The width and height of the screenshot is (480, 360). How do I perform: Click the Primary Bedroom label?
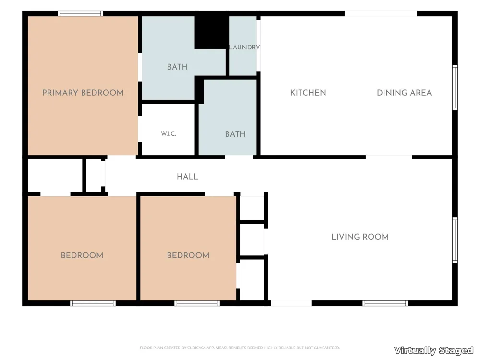click(83, 93)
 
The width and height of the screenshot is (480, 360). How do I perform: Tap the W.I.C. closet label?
click(168, 134)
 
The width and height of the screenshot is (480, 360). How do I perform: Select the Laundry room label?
click(245, 47)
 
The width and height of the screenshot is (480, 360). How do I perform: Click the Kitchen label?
click(308, 93)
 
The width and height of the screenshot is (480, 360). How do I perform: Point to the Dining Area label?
click(404, 93)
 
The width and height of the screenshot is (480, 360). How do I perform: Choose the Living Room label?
click(360, 237)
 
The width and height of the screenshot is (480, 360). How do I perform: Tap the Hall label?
click(187, 177)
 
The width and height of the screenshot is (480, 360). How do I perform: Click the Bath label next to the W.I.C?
click(235, 134)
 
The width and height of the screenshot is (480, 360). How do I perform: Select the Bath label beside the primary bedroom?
click(177, 67)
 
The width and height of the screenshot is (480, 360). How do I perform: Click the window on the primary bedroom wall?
click(81, 13)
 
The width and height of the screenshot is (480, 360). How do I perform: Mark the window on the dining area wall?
click(455, 87)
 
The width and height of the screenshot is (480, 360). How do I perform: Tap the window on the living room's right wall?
click(455, 240)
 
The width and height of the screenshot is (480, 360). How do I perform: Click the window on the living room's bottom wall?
click(385, 303)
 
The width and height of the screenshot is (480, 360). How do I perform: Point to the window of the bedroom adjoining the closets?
click(197, 303)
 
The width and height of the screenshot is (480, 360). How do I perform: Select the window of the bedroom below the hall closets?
click(93, 303)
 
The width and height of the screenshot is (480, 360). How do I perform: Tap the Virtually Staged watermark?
click(434, 350)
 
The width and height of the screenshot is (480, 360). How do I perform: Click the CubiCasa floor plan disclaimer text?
click(240, 348)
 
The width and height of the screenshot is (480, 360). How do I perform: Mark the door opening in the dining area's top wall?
click(381, 13)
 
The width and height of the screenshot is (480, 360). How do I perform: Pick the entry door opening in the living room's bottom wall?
click(291, 303)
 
